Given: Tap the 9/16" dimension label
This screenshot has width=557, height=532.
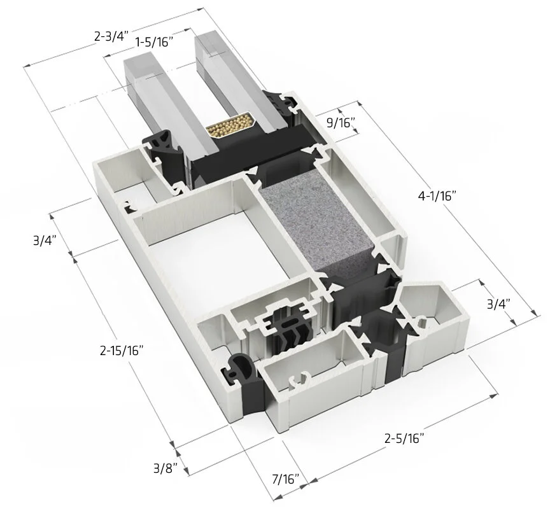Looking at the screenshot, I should [340, 123].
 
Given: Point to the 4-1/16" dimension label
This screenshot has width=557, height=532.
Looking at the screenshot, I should [438, 196].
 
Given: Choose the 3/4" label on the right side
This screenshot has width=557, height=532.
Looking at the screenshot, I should [498, 304].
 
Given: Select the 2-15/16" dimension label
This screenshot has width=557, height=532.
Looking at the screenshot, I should [122, 350].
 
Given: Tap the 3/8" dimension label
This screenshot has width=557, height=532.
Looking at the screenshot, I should [165, 469].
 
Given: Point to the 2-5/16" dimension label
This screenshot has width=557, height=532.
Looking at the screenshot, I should [404, 438].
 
